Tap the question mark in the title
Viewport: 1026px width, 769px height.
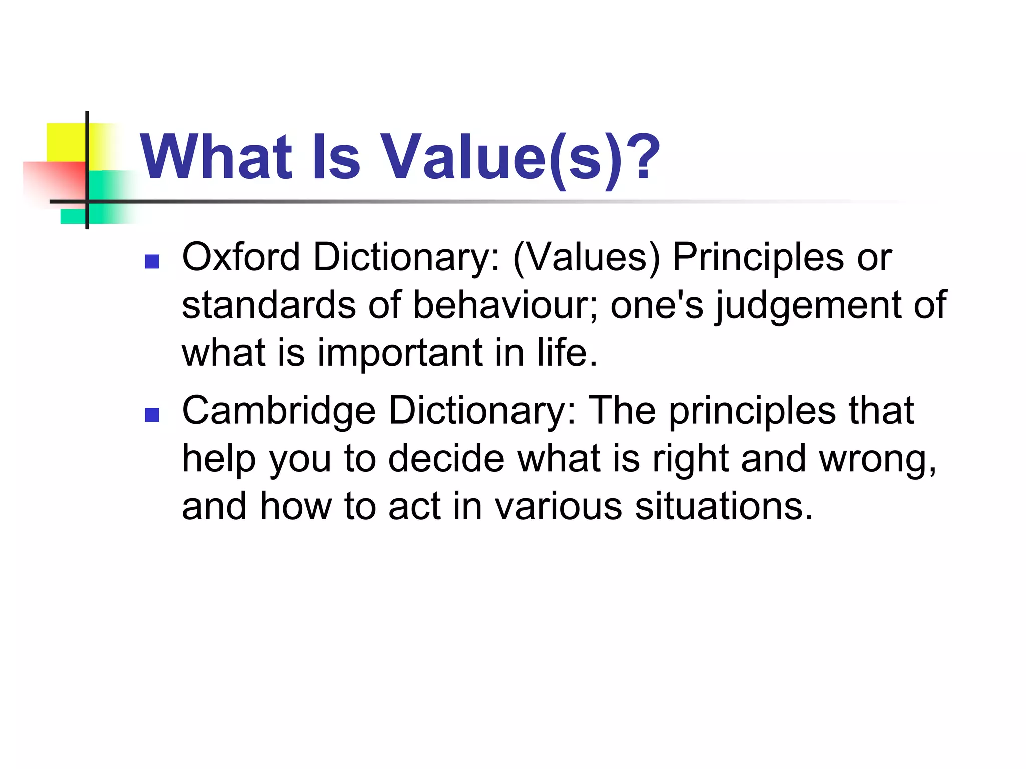coord(641,156)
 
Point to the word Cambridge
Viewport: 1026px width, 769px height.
coord(279,411)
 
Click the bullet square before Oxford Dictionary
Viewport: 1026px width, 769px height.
coord(151,261)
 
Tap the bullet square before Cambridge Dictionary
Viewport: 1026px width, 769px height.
coord(151,415)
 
